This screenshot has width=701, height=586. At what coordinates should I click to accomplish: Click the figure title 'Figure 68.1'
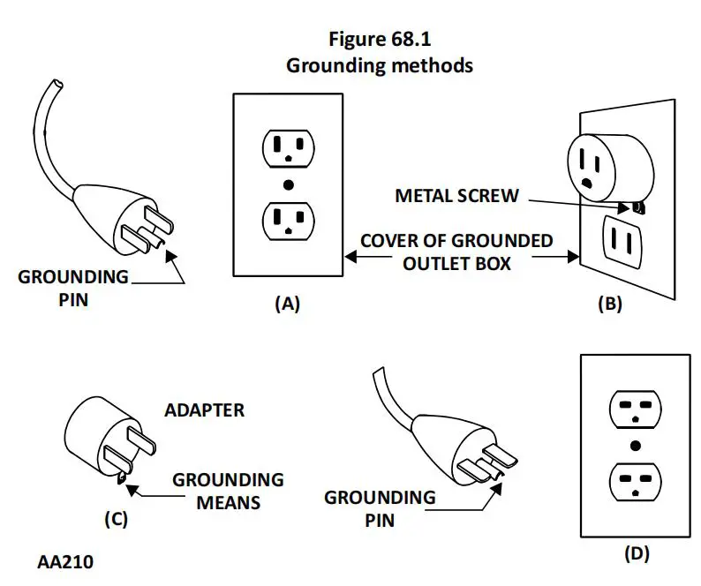coord(379,40)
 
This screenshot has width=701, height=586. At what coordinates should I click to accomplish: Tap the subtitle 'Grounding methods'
coord(379,65)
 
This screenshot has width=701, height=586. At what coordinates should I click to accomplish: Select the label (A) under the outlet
coord(287,304)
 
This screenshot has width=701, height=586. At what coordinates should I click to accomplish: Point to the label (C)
coord(116,519)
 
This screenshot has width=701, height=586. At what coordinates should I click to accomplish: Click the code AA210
coord(67,561)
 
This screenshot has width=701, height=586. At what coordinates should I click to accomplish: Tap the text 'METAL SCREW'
coord(457,196)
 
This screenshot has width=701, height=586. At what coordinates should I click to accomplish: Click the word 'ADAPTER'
coord(204,410)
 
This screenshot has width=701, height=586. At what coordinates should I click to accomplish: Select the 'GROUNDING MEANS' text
coord(228,491)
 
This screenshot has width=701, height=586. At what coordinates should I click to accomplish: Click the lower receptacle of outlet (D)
coord(635,482)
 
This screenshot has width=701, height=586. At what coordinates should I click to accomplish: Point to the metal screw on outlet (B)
coord(637,208)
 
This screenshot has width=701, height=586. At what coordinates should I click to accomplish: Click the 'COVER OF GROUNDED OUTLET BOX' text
coord(456,252)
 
